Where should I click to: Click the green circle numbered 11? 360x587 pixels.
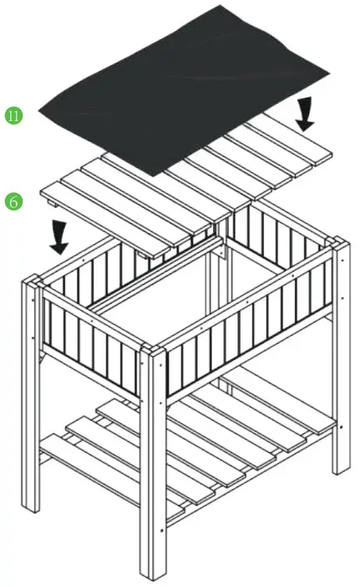14,116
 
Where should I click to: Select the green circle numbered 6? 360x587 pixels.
14,201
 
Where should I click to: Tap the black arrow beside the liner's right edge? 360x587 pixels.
305,112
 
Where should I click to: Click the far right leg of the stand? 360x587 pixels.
340,359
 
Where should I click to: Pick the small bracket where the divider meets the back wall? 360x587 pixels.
222,251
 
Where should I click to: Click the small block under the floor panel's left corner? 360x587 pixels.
53,205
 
